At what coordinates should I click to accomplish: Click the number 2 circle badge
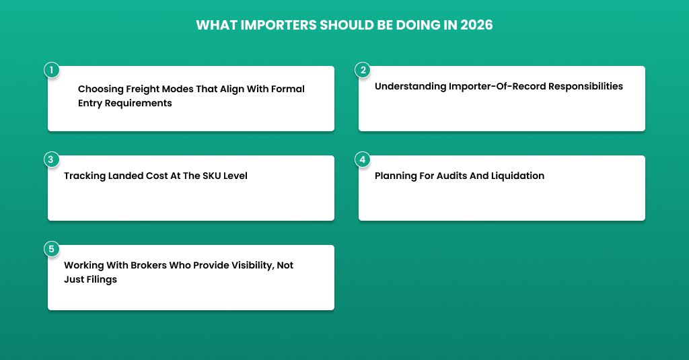click(x=363, y=70)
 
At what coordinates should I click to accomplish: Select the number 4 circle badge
click(x=363, y=159)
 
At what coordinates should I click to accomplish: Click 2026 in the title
click(x=476, y=25)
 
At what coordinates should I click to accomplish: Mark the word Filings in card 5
click(x=102, y=279)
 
